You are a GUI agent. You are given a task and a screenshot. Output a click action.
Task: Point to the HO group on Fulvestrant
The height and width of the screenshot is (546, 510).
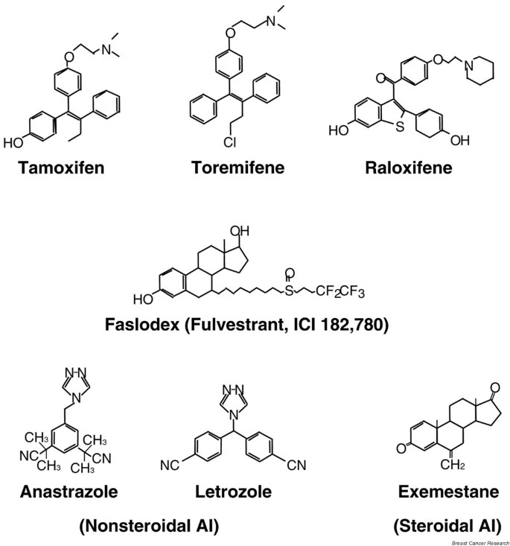(144, 299)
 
